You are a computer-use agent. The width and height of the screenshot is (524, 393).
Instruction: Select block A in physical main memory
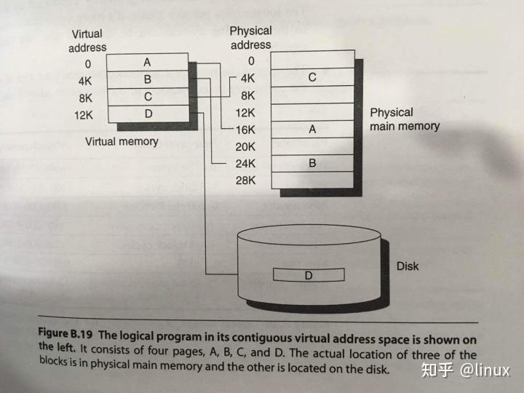point(312,129)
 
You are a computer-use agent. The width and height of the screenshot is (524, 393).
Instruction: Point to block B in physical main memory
point(312,163)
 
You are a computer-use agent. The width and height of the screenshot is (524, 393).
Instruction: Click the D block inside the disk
point(308,275)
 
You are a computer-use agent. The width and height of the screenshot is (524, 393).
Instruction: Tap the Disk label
point(408,266)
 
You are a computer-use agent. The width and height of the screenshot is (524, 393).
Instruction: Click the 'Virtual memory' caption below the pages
point(122,141)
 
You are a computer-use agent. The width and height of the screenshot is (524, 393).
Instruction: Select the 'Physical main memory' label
point(405,119)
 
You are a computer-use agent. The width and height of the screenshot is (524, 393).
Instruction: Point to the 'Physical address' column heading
point(250,38)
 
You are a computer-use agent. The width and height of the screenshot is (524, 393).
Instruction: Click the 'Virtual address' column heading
point(87,41)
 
